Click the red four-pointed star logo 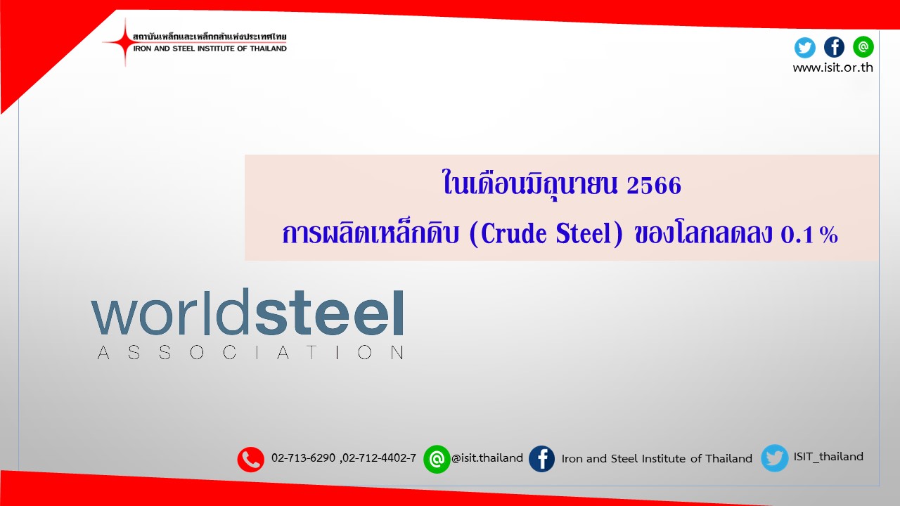(x=124, y=41)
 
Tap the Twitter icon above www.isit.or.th (x=805, y=47)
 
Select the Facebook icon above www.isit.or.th (x=834, y=47)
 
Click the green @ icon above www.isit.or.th (x=863, y=46)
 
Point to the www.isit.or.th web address (x=833, y=67)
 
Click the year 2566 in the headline (x=654, y=186)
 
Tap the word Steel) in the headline (x=589, y=233)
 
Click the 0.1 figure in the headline (x=797, y=235)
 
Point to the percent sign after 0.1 (x=829, y=235)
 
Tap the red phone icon (x=251, y=459)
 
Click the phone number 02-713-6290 (x=303, y=458)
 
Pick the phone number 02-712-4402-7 (x=379, y=458)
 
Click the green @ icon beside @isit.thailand (x=437, y=459)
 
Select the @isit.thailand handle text (x=487, y=458)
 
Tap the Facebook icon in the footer (x=541, y=459)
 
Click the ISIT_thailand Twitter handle (x=828, y=457)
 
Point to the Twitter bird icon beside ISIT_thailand (x=775, y=458)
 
